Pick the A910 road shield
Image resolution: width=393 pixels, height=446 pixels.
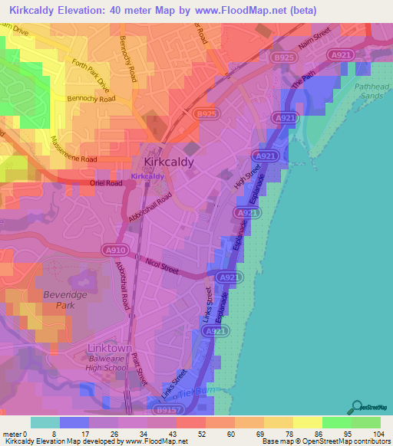click(x=113, y=249)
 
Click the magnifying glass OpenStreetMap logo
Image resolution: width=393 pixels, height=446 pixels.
click(x=355, y=407)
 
